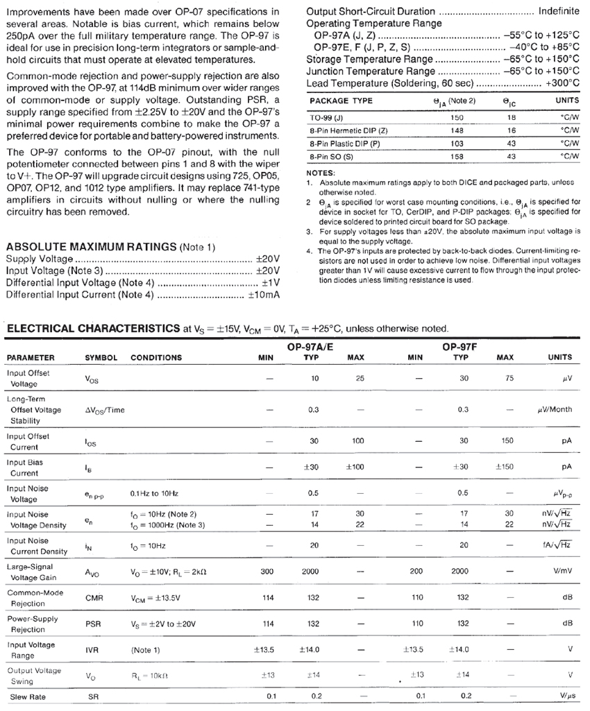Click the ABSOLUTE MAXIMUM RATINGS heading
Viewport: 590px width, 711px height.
90,246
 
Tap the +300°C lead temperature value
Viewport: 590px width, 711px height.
563,83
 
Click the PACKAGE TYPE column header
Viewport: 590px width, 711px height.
341,101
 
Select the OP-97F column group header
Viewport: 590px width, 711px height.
459,345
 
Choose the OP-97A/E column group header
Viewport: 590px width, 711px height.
310,345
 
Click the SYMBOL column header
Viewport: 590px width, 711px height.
101,358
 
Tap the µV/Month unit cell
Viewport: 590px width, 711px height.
555,410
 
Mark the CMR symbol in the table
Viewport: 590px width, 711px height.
94,597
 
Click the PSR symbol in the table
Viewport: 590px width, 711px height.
94,624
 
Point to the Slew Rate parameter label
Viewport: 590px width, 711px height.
27,696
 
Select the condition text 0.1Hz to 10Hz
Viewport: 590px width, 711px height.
154,493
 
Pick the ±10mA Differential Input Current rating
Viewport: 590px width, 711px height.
264,295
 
